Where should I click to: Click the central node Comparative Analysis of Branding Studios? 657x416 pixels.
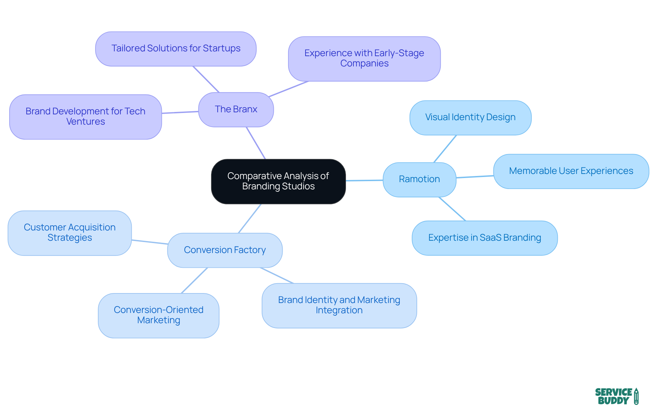(278, 181)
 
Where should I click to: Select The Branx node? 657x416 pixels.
(236, 109)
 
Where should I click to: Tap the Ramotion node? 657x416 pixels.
(419, 179)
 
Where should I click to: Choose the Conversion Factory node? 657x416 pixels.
(224, 250)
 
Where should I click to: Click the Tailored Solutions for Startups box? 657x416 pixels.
(176, 49)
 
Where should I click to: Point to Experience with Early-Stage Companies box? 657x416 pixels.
(364, 59)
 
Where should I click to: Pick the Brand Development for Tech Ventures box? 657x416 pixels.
(85, 116)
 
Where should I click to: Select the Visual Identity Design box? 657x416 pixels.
(470, 117)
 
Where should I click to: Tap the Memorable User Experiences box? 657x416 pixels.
(571, 171)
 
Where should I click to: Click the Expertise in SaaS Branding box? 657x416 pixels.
(485, 238)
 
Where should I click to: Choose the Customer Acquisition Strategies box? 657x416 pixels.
(69, 232)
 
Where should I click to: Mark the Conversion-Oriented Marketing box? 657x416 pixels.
(158, 315)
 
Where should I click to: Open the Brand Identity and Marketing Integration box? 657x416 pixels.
(339, 305)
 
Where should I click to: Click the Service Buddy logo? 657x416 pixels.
(616, 396)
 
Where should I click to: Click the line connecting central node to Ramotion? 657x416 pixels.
(364, 180)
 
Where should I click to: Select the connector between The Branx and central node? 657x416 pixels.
(256, 143)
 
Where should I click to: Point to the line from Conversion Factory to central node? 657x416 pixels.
(250, 218)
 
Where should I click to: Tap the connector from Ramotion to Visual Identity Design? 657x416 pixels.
(445, 149)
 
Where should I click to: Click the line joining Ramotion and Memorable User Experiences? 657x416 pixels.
(475, 177)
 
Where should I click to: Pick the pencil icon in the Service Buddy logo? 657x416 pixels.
(636, 396)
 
